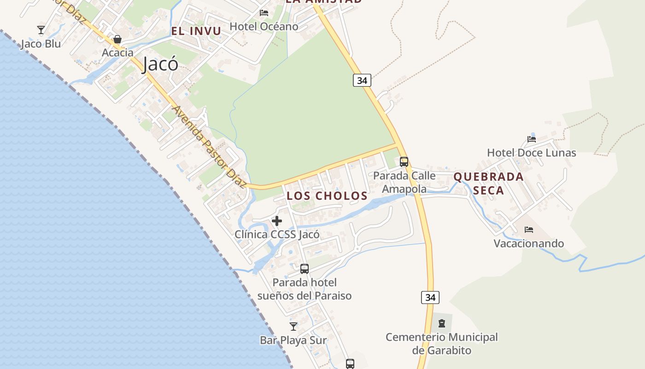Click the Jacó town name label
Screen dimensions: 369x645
click(160, 64)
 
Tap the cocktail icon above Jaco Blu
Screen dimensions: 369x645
click(41, 30)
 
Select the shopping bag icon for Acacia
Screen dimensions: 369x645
click(117, 39)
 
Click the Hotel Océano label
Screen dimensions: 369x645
click(264, 26)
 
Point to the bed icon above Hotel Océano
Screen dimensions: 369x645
click(264, 12)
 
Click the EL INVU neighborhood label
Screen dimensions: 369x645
click(196, 31)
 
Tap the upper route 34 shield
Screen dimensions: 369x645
click(362, 80)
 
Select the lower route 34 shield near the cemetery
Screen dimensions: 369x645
click(430, 298)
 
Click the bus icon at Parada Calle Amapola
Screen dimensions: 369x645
click(404, 162)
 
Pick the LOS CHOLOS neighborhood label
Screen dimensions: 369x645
click(327, 196)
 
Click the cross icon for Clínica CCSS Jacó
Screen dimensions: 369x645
click(277, 221)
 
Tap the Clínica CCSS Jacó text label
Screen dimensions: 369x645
click(277, 234)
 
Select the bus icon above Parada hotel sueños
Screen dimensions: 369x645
click(305, 269)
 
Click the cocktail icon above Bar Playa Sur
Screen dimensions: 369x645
click(293, 327)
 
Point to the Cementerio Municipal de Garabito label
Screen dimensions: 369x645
click(442, 344)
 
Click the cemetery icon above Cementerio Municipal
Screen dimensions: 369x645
click(442, 323)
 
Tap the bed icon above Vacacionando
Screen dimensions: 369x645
click(529, 229)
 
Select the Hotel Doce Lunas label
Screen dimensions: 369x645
click(531, 153)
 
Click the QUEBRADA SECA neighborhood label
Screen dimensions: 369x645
click(488, 183)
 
